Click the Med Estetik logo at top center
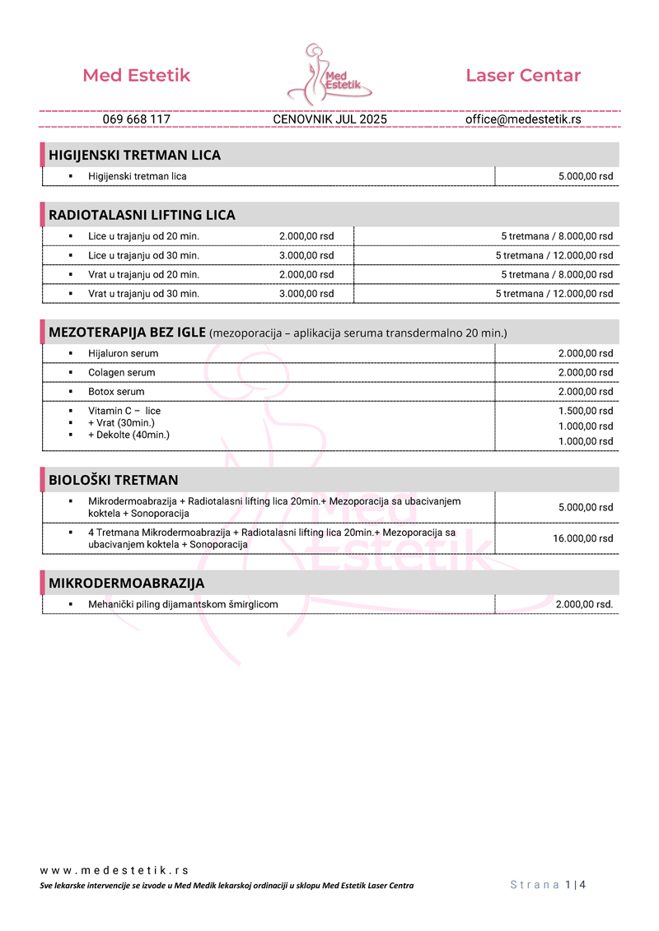click(x=329, y=74)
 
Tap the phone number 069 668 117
click(x=137, y=119)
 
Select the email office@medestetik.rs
click(x=523, y=119)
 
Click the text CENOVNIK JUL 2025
click(x=329, y=119)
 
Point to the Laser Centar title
click(x=523, y=76)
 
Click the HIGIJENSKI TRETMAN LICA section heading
click(x=135, y=155)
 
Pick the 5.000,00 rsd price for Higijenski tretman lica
click(x=586, y=176)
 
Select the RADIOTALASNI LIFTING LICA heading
click(x=143, y=215)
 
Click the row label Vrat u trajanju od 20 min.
click(x=143, y=275)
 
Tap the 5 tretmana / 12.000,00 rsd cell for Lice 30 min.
click(x=554, y=255)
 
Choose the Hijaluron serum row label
click(x=124, y=353)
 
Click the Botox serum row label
click(x=116, y=392)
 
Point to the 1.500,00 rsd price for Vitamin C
click(x=586, y=411)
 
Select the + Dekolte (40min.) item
click(x=129, y=435)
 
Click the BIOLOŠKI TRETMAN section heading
click(x=114, y=480)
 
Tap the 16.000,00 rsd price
click(x=583, y=538)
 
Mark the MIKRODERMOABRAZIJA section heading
click(x=127, y=583)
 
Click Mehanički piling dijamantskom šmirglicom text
click(x=183, y=604)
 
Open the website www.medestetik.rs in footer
click(x=115, y=870)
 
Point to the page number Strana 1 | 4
click(x=548, y=885)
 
